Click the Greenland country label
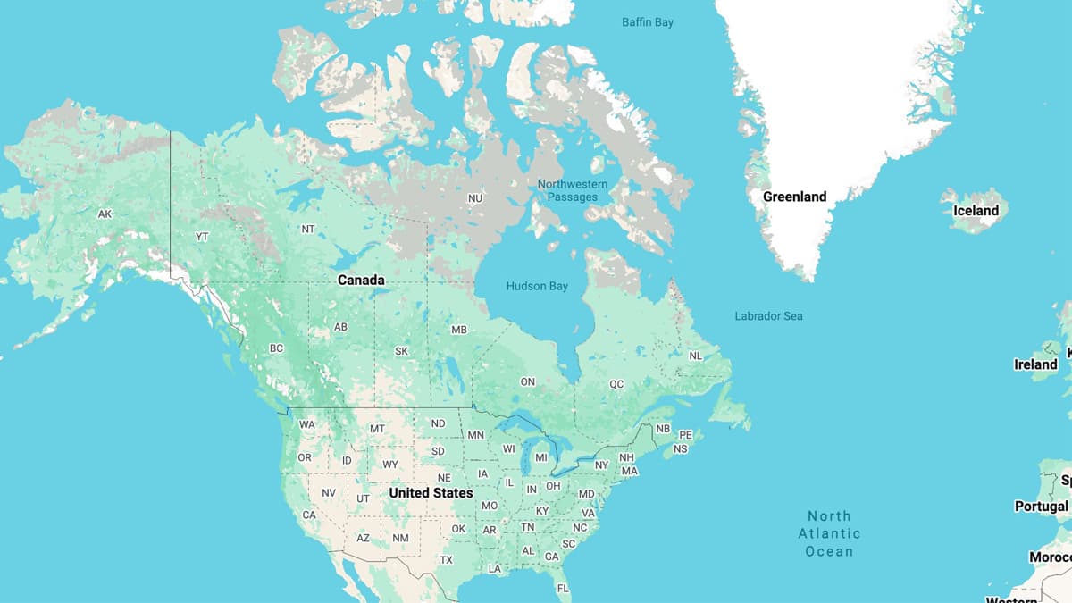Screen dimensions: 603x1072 (x=794, y=197)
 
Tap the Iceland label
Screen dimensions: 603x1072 (x=976, y=211)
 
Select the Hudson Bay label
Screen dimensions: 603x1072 (x=537, y=287)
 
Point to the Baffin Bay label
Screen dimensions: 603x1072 (x=648, y=22)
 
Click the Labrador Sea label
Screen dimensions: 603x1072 (x=768, y=316)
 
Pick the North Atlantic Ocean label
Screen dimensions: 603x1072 (x=829, y=533)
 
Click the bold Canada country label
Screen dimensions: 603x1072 (x=361, y=281)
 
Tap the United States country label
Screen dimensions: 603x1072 (x=431, y=493)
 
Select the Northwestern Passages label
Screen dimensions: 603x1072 (x=573, y=190)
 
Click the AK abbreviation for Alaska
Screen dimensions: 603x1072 (x=105, y=214)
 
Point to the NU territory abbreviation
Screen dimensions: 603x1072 (x=475, y=198)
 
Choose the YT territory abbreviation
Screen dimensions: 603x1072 (x=202, y=237)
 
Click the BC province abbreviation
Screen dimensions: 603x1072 (x=276, y=348)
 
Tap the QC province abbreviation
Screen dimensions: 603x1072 (x=616, y=384)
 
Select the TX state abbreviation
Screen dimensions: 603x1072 (x=447, y=560)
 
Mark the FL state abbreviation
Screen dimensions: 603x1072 (x=563, y=589)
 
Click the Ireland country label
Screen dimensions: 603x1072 (x=1035, y=364)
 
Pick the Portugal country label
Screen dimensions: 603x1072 (x=1041, y=507)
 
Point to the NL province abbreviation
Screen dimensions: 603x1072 (x=696, y=356)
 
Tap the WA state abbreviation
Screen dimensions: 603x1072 (x=306, y=424)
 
